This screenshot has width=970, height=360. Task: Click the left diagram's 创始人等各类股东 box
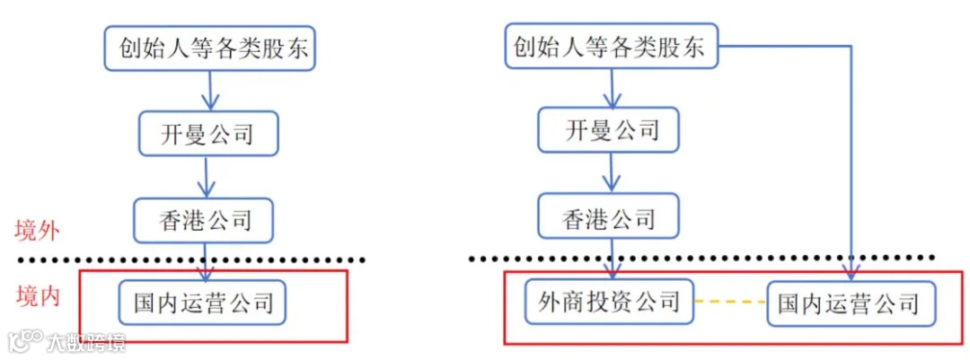point(208,48)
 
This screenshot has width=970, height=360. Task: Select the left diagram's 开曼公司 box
point(208,134)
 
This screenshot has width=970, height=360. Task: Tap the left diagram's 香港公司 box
point(204,219)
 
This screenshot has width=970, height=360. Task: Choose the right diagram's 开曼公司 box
point(611,131)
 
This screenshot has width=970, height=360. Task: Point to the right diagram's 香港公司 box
point(610,217)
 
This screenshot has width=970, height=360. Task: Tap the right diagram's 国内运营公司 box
point(849,303)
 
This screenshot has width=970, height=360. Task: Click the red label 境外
point(37,230)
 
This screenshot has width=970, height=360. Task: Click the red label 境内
point(37,296)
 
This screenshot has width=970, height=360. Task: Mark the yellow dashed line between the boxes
point(728,301)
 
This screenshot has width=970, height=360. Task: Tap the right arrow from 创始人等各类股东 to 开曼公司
point(612,87)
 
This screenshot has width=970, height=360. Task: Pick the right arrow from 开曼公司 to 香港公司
point(612,173)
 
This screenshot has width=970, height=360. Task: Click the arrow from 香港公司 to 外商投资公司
point(612,259)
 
